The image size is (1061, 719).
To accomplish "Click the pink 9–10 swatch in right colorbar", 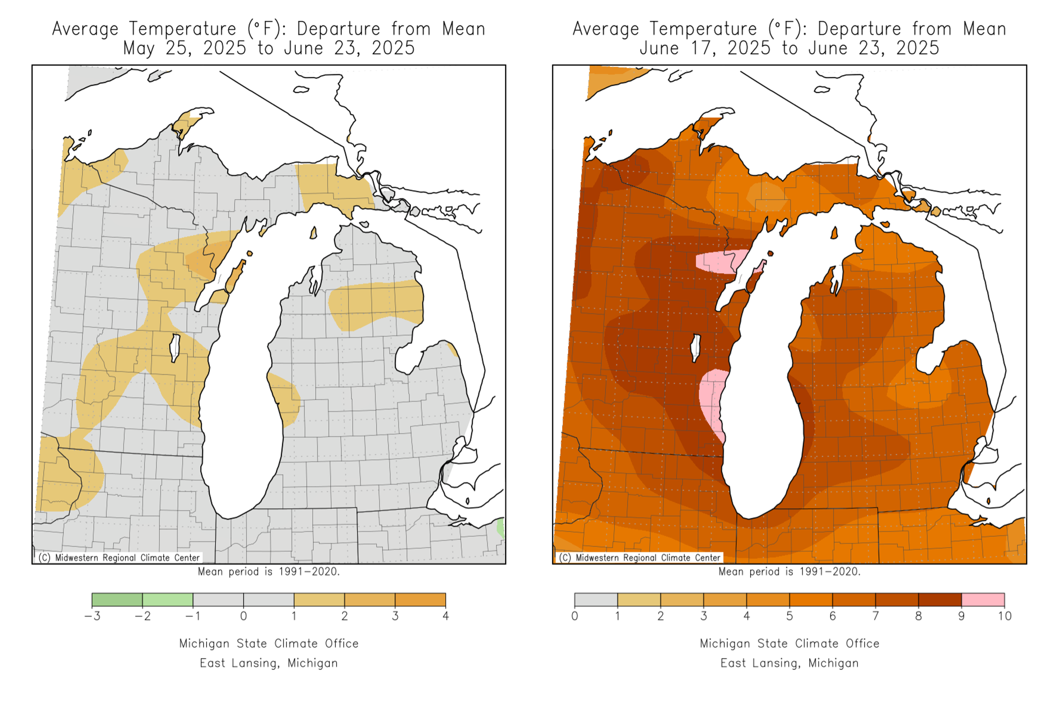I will (982, 600).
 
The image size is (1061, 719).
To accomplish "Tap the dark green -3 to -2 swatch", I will (117, 600).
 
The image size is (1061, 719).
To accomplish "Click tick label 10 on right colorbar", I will (1004, 616).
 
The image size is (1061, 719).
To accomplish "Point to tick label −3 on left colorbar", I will (92, 616).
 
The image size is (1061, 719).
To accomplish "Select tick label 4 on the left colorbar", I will (445, 616).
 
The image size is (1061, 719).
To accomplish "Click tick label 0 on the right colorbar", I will (574, 616).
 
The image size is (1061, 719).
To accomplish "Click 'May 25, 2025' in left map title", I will (185, 48).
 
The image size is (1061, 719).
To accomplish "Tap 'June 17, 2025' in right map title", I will (705, 48).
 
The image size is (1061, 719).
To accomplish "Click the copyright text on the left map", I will (119, 558).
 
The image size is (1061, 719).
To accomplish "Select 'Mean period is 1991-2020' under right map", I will (789, 572).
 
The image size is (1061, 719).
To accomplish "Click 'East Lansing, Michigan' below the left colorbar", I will (269, 663).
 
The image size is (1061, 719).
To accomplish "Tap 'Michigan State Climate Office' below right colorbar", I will (789, 643).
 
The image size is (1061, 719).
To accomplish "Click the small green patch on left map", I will (500, 528).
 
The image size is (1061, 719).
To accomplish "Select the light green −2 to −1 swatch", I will (167, 600).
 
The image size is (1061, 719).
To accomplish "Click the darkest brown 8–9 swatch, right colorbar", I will (939, 600).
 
